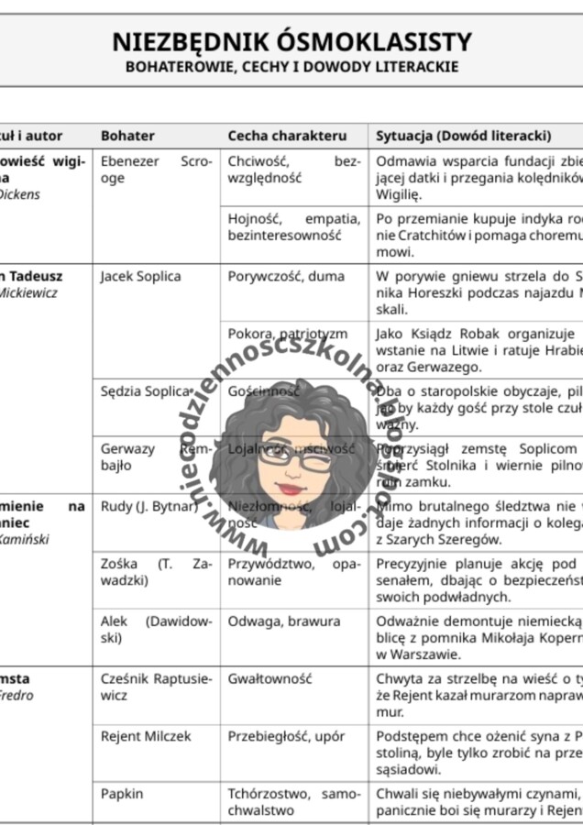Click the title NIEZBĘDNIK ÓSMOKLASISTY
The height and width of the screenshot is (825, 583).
(291, 42)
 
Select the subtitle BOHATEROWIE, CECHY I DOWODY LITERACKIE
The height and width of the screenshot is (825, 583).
(291, 67)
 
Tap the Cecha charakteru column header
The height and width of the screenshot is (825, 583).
(287, 136)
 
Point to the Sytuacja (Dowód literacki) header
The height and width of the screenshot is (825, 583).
(463, 136)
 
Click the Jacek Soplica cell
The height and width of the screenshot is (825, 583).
(140, 276)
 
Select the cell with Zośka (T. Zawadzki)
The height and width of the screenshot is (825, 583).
(156, 572)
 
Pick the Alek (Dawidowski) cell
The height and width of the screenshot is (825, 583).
(156, 629)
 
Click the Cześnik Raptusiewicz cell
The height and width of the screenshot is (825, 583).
(156, 687)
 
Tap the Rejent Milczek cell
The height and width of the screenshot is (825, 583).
(146, 736)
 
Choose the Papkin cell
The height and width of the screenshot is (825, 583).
(122, 793)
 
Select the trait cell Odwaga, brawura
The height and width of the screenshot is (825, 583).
(283, 621)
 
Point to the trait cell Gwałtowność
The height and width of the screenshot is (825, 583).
(269, 679)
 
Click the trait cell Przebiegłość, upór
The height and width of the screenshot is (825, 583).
(286, 736)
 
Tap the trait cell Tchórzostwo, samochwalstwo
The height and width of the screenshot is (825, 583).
(293, 801)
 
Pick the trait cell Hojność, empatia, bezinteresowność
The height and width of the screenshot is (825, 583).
(293, 226)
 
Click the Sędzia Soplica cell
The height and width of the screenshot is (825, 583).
(147, 391)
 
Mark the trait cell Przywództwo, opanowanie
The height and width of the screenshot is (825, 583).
(293, 572)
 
